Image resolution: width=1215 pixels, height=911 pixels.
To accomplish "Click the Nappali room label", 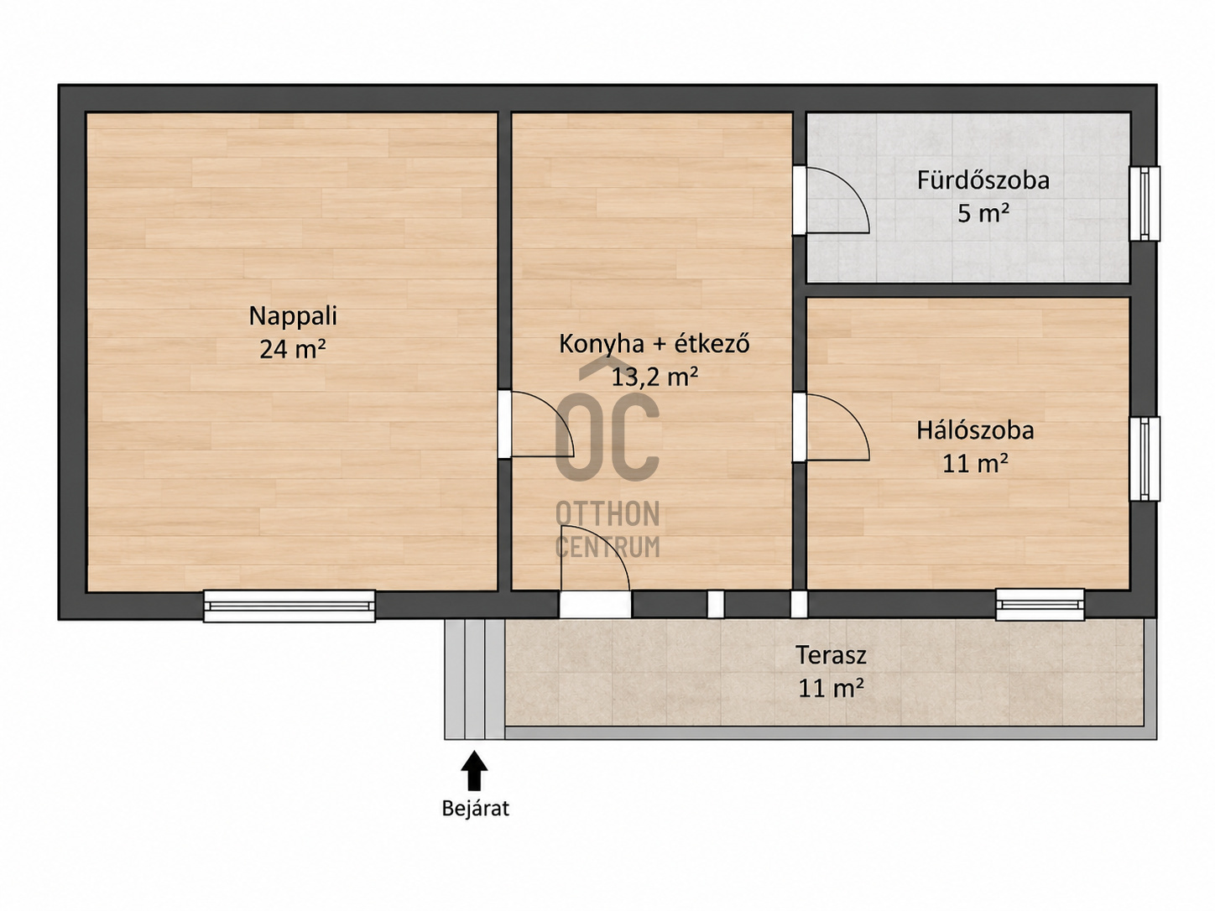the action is click(x=293, y=316).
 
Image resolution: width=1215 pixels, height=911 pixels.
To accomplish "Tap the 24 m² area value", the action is click(x=293, y=349).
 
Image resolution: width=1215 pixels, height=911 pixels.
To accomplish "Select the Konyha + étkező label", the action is click(x=654, y=344).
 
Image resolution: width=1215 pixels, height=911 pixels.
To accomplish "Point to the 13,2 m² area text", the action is click(x=654, y=377).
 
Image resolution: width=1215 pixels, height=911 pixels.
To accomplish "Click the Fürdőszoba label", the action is click(x=983, y=181).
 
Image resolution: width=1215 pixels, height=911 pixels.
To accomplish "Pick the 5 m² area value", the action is click(x=983, y=214).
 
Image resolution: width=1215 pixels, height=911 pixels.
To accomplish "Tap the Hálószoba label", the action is click(x=975, y=431).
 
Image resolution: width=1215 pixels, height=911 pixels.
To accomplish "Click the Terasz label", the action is click(x=831, y=655).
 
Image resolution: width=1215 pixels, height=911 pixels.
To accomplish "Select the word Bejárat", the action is click(x=476, y=809).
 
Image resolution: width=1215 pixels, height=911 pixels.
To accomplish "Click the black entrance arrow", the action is click(x=474, y=770).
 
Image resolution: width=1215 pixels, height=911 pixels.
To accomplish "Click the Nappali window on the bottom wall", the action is click(x=289, y=606).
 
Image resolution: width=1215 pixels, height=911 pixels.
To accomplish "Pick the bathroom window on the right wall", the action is click(x=1145, y=204).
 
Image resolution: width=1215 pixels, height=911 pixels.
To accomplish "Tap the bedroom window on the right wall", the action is click(x=1145, y=459).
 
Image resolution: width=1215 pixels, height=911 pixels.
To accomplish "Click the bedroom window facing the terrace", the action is click(x=1040, y=605).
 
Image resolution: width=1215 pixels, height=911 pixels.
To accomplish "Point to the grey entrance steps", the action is click(x=474, y=679).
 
